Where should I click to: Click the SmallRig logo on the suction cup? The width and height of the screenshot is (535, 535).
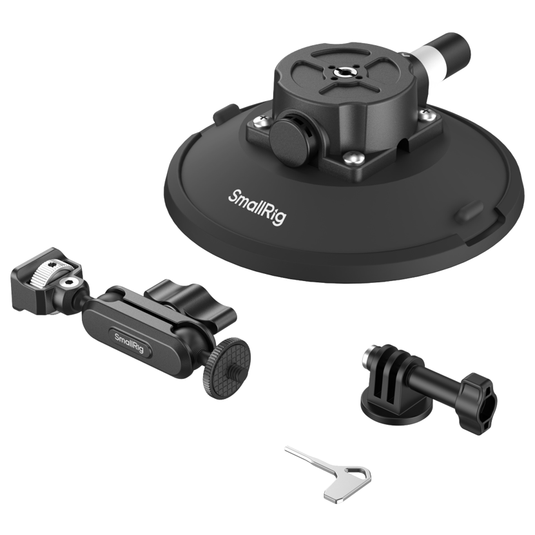(x=257, y=207)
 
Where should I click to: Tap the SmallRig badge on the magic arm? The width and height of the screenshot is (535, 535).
(x=130, y=344)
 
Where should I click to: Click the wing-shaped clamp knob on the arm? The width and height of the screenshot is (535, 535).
(x=190, y=300)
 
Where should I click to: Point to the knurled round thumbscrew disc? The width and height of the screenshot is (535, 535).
(x=226, y=369)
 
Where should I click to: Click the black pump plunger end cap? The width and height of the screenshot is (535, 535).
(x=455, y=47)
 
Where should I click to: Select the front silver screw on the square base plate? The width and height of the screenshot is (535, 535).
(x=353, y=159)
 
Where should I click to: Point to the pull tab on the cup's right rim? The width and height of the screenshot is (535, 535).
(x=469, y=213)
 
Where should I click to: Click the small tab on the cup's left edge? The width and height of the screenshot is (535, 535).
(x=224, y=112)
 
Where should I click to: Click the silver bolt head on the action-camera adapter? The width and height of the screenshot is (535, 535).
(x=368, y=356)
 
